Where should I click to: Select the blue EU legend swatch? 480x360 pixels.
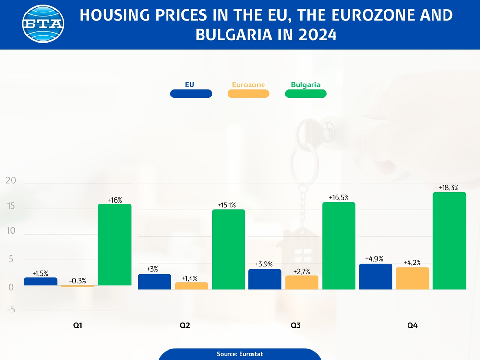[191, 94]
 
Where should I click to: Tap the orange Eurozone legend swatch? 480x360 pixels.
[248, 94]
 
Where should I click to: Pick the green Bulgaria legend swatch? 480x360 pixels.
[305, 94]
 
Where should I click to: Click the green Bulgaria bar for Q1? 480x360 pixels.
[115, 245]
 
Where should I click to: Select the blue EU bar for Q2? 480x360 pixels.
[155, 282]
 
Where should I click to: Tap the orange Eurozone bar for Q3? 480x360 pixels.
[301, 282]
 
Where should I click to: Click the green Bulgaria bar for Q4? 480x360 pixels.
[449, 241]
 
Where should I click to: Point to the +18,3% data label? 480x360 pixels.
[449, 188]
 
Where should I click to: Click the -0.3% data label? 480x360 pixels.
[78, 280]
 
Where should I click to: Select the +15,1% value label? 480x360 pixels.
[228, 205]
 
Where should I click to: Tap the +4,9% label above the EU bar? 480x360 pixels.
[374, 259]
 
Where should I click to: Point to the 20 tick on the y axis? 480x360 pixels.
[11, 181]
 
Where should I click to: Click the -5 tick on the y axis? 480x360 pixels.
[11, 310]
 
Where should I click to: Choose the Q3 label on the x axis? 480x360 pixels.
[296, 325]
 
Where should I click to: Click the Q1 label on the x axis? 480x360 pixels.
[78, 325]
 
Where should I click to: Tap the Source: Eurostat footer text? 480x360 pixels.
[240, 354]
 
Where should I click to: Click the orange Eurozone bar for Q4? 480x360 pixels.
[412, 278]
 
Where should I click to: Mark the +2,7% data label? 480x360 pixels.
[301, 271]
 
